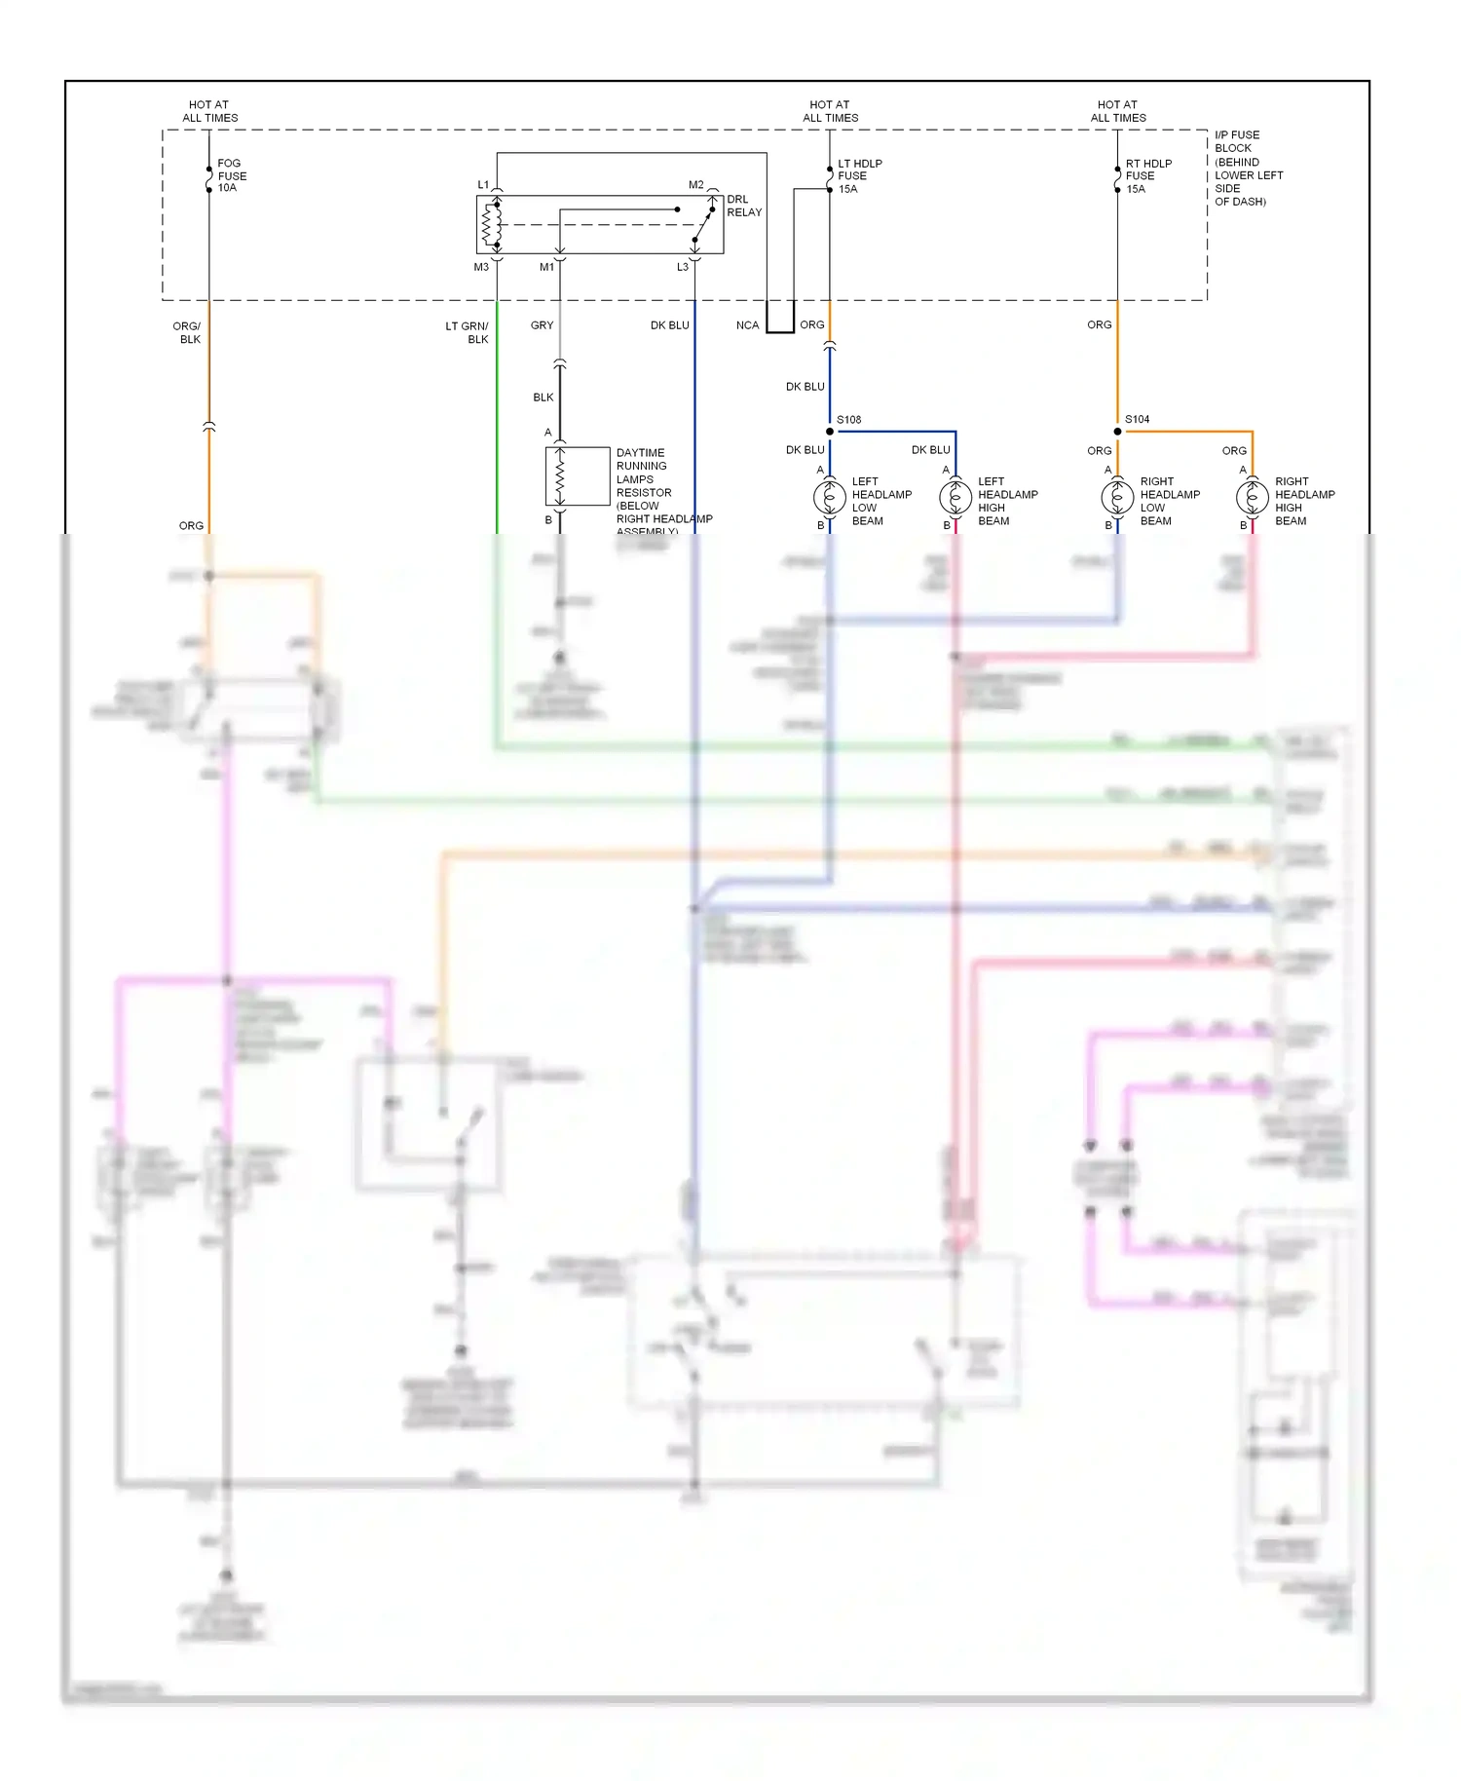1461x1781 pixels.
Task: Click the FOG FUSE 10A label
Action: [x=232, y=176]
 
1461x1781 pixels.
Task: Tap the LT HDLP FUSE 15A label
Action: [x=859, y=176]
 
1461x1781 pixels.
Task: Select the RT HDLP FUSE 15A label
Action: [x=1148, y=176]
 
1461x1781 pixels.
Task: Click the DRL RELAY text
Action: [x=744, y=206]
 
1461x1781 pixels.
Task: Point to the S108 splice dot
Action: [x=830, y=432]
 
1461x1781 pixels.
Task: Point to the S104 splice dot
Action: [x=1117, y=432]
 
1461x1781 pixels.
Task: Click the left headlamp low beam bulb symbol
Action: [x=830, y=498]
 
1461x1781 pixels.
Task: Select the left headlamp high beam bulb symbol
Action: [x=955, y=498]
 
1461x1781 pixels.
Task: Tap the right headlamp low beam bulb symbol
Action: [x=1117, y=498]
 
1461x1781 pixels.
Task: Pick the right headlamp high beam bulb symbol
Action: [x=1252, y=498]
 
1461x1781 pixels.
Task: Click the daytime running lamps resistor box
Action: [x=578, y=476]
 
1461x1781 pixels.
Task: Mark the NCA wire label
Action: [x=747, y=325]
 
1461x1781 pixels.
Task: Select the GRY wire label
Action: [x=542, y=325]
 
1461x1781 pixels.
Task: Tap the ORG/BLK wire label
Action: [x=187, y=333]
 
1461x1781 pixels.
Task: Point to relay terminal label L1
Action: [x=483, y=185]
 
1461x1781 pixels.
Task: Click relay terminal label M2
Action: [x=695, y=185]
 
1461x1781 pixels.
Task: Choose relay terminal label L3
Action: [x=683, y=267]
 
